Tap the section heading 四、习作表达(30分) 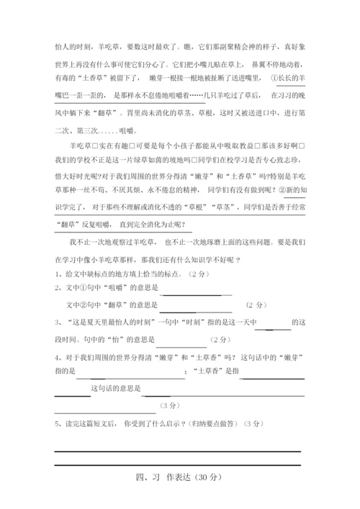[180, 477]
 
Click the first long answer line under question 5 [177, 450]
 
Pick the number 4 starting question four [57, 357]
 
